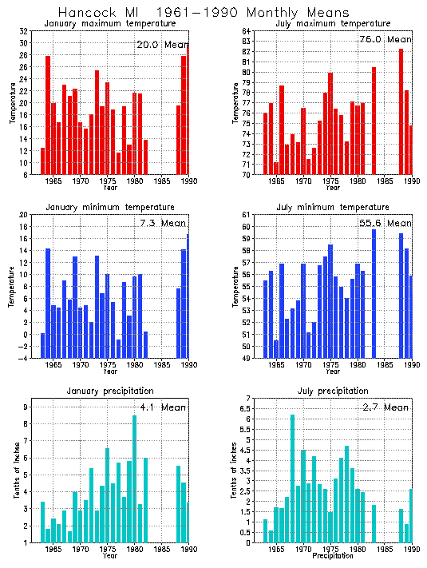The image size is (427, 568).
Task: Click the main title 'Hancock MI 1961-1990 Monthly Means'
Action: click(204, 13)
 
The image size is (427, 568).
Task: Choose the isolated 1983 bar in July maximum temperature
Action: click(374, 121)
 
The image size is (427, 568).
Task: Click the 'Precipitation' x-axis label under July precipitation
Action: click(330, 556)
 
